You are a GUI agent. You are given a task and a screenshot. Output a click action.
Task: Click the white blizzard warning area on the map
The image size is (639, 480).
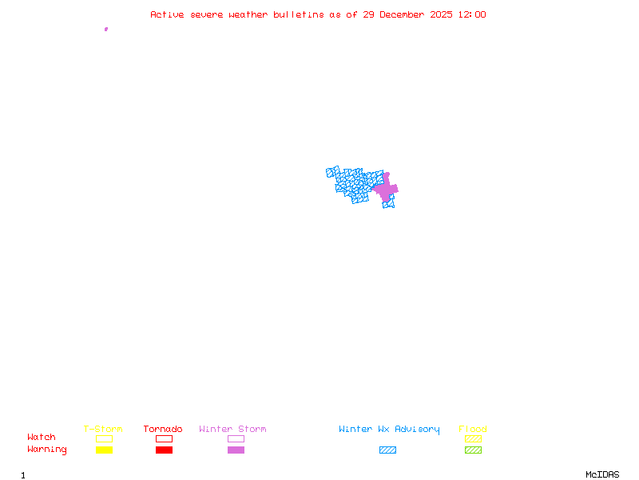pyautogui.click(x=374, y=199)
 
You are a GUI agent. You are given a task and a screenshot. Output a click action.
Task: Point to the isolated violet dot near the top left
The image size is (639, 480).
pyautogui.click(x=106, y=29)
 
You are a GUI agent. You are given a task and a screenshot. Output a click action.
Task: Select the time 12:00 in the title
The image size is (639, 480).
pyautogui.click(x=471, y=14)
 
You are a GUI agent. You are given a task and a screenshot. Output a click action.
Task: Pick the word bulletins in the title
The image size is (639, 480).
pyautogui.click(x=299, y=14)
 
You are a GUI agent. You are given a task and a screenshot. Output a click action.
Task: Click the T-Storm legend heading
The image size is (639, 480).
pyautogui.click(x=103, y=430)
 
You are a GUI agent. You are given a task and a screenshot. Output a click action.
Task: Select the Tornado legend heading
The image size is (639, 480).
pyautogui.click(x=163, y=430)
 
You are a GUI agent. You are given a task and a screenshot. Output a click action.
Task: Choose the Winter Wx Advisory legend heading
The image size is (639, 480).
pyautogui.click(x=389, y=430)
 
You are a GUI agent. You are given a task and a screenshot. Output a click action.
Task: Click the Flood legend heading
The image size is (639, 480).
pyautogui.click(x=473, y=430)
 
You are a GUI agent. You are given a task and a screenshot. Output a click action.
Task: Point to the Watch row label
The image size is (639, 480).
pyautogui.click(x=42, y=438)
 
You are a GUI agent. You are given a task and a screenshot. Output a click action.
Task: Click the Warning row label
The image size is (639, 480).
pyautogui.click(x=47, y=450)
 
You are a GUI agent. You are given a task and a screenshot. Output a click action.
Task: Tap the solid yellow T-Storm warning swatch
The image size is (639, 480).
pyautogui.click(x=104, y=450)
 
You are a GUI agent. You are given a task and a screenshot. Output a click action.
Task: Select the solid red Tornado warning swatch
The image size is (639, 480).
pyautogui.click(x=164, y=450)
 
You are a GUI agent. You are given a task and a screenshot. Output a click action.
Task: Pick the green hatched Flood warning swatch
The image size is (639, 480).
pyautogui.click(x=473, y=450)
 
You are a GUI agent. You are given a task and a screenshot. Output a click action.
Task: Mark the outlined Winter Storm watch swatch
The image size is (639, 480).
pyautogui.click(x=236, y=439)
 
